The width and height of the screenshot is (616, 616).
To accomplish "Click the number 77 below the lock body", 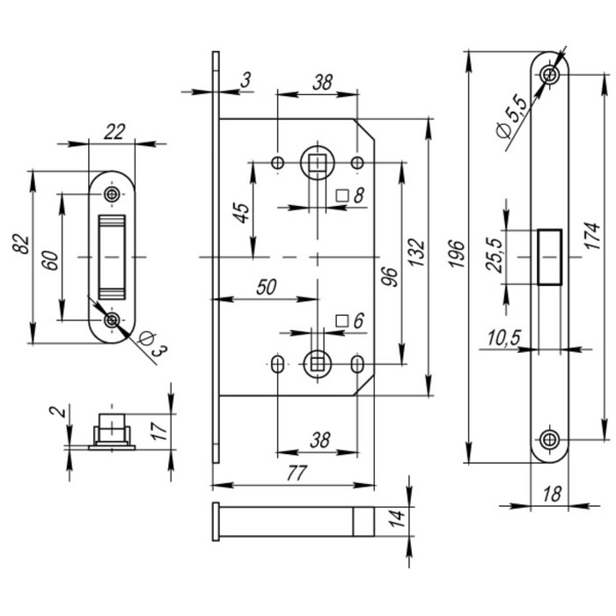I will [296, 473].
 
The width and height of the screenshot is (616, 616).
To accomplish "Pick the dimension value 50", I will [262, 287].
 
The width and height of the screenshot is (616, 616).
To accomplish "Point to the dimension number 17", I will [158, 430].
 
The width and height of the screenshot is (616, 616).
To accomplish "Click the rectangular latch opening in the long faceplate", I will [549, 256].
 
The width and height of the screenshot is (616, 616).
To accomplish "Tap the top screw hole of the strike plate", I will [112, 194].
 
